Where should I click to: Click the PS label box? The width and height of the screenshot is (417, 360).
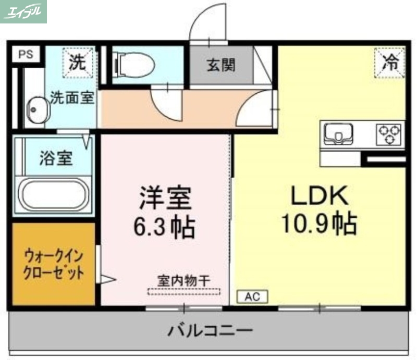[24, 54]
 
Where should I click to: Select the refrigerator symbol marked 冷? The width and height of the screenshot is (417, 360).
[389, 63]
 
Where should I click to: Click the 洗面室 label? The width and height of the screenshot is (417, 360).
[72, 98]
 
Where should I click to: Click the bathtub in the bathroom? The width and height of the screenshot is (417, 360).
[54, 194]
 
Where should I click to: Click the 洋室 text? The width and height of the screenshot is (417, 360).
[165, 198]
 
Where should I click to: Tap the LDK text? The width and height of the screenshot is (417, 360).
[318, 196]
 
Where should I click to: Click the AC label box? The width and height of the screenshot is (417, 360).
[252, 297]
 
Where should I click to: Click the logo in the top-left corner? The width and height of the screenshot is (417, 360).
[23, 11]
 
